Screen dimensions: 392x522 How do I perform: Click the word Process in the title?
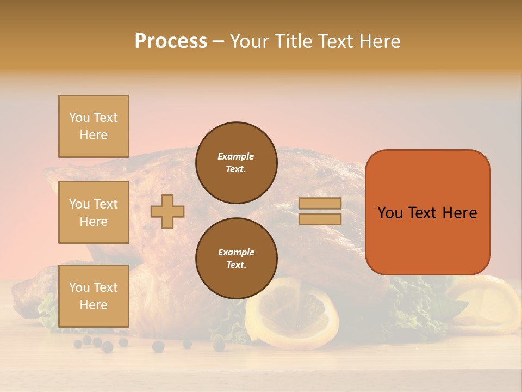coord(171,41)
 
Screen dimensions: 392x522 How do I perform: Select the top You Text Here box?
coord(94,126)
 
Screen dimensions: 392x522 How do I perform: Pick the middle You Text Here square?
coord(94,212)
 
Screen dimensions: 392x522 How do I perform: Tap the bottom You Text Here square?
coord(94,296)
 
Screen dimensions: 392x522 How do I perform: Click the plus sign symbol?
coord(167,212)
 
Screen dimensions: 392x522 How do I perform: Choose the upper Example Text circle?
coord(236,163)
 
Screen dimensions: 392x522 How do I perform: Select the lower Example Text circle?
coord(236,259)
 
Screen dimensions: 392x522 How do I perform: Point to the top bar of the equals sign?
coord(320,203)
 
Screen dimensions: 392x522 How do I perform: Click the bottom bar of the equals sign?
coord(320,219)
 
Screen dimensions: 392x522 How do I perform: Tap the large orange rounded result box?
coord(427,212)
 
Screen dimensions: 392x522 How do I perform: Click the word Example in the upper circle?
coord(236,156)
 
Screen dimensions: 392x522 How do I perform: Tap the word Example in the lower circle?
coord(236,252)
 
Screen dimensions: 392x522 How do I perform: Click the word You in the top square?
coord(79,118)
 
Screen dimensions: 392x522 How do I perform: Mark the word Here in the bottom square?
coord(94,305)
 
